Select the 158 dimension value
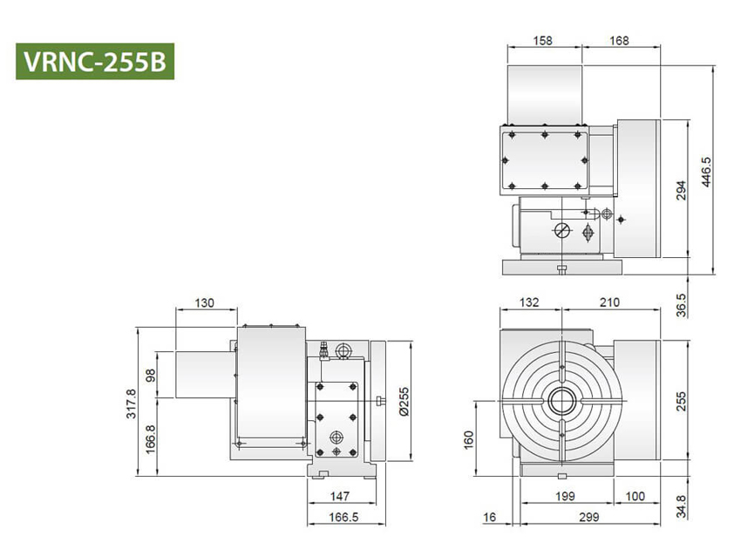[x=541, y=41]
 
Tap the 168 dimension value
[x=619, y=41]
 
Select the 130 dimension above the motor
[x=205, y=303]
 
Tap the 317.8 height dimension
[x=131, y=403]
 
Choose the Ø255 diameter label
[x=403, y=401]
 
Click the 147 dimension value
[x=341, y=497]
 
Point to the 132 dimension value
[x=528, y=302]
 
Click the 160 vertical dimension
[x=468, y=438]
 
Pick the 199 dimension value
[x=565, y=497]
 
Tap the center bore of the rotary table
[x=559, y=402]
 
